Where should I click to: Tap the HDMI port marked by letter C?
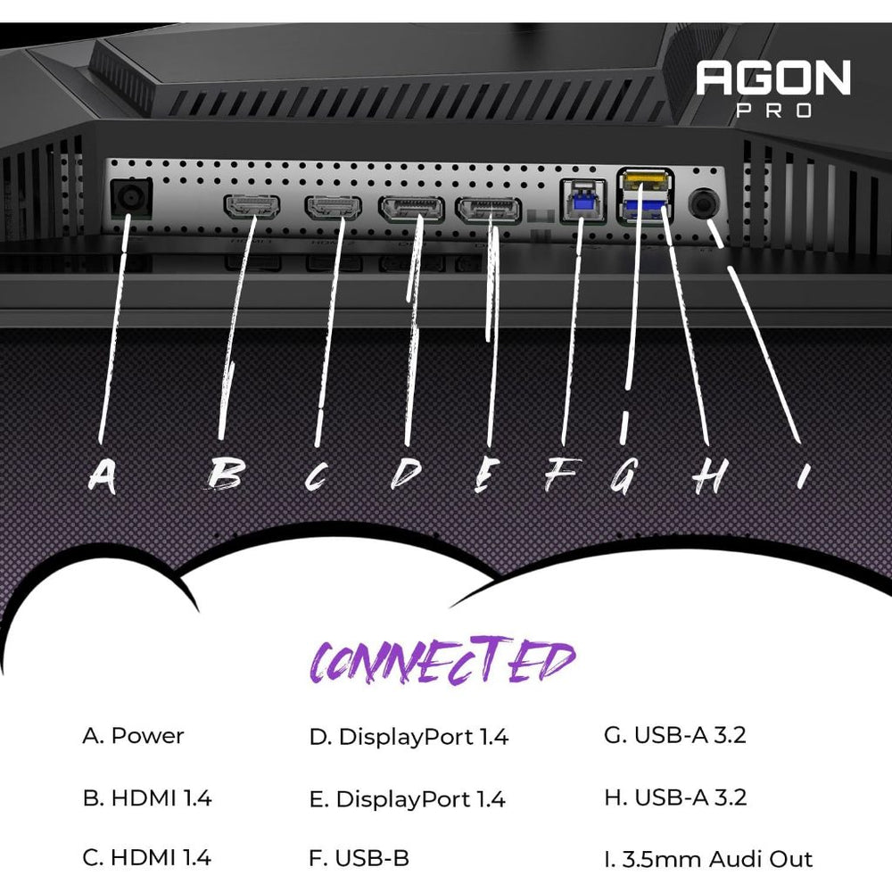(x=333, y=207)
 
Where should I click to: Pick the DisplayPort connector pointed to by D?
(x=411, y=210)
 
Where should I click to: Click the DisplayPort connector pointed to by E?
(x=489, y=211)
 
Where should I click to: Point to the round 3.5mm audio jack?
(x=705, y=204)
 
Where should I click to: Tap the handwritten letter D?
(x=406, y=475)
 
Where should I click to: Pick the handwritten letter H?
(x=706, y=477)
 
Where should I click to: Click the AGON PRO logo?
(x=772, y=87)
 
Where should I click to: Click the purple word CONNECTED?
(x=442, y=662)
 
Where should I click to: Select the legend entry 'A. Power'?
(x=133, y=736)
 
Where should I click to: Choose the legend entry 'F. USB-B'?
(x=359, y=859)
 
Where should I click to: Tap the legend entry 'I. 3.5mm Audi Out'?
(x=708, y=859)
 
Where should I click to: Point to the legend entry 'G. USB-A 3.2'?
(x=674, y=736)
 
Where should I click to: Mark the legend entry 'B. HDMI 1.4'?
(x=147, y=797)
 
